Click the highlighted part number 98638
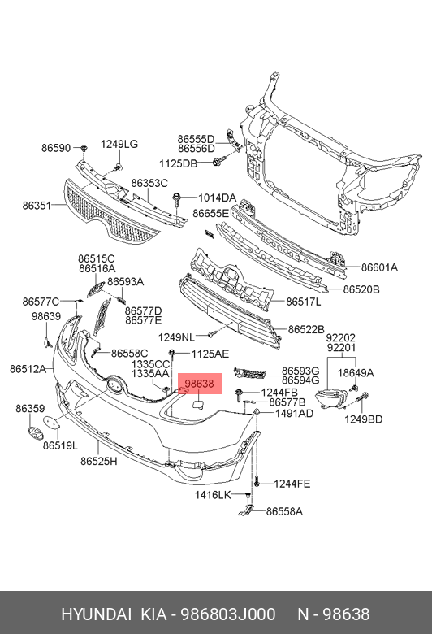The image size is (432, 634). (199, 384)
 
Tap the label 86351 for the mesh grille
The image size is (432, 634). (37, 206)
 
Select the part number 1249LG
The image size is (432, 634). (119, 144)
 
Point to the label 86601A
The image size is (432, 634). (379, 267)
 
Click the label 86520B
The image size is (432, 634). (361, 289)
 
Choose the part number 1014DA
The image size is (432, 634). (217, 198)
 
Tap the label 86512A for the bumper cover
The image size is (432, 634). (28, 369)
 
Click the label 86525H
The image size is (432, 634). (98, 461)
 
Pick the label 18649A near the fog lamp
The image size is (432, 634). (356, 373)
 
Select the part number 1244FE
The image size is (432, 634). (292, 484)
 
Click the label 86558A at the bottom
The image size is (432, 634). (284, 511)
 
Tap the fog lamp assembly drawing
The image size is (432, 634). (331, 398)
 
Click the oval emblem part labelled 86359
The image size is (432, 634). (33, 431)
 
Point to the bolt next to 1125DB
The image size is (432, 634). (218, 163)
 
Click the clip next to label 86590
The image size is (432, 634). (84, 149)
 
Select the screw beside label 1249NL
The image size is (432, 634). (213, 334)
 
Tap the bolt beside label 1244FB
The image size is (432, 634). (240, 393)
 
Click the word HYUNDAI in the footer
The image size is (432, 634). (96, 614)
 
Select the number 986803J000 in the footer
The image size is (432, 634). (228, 614)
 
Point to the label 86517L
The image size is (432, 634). (304, 302)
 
